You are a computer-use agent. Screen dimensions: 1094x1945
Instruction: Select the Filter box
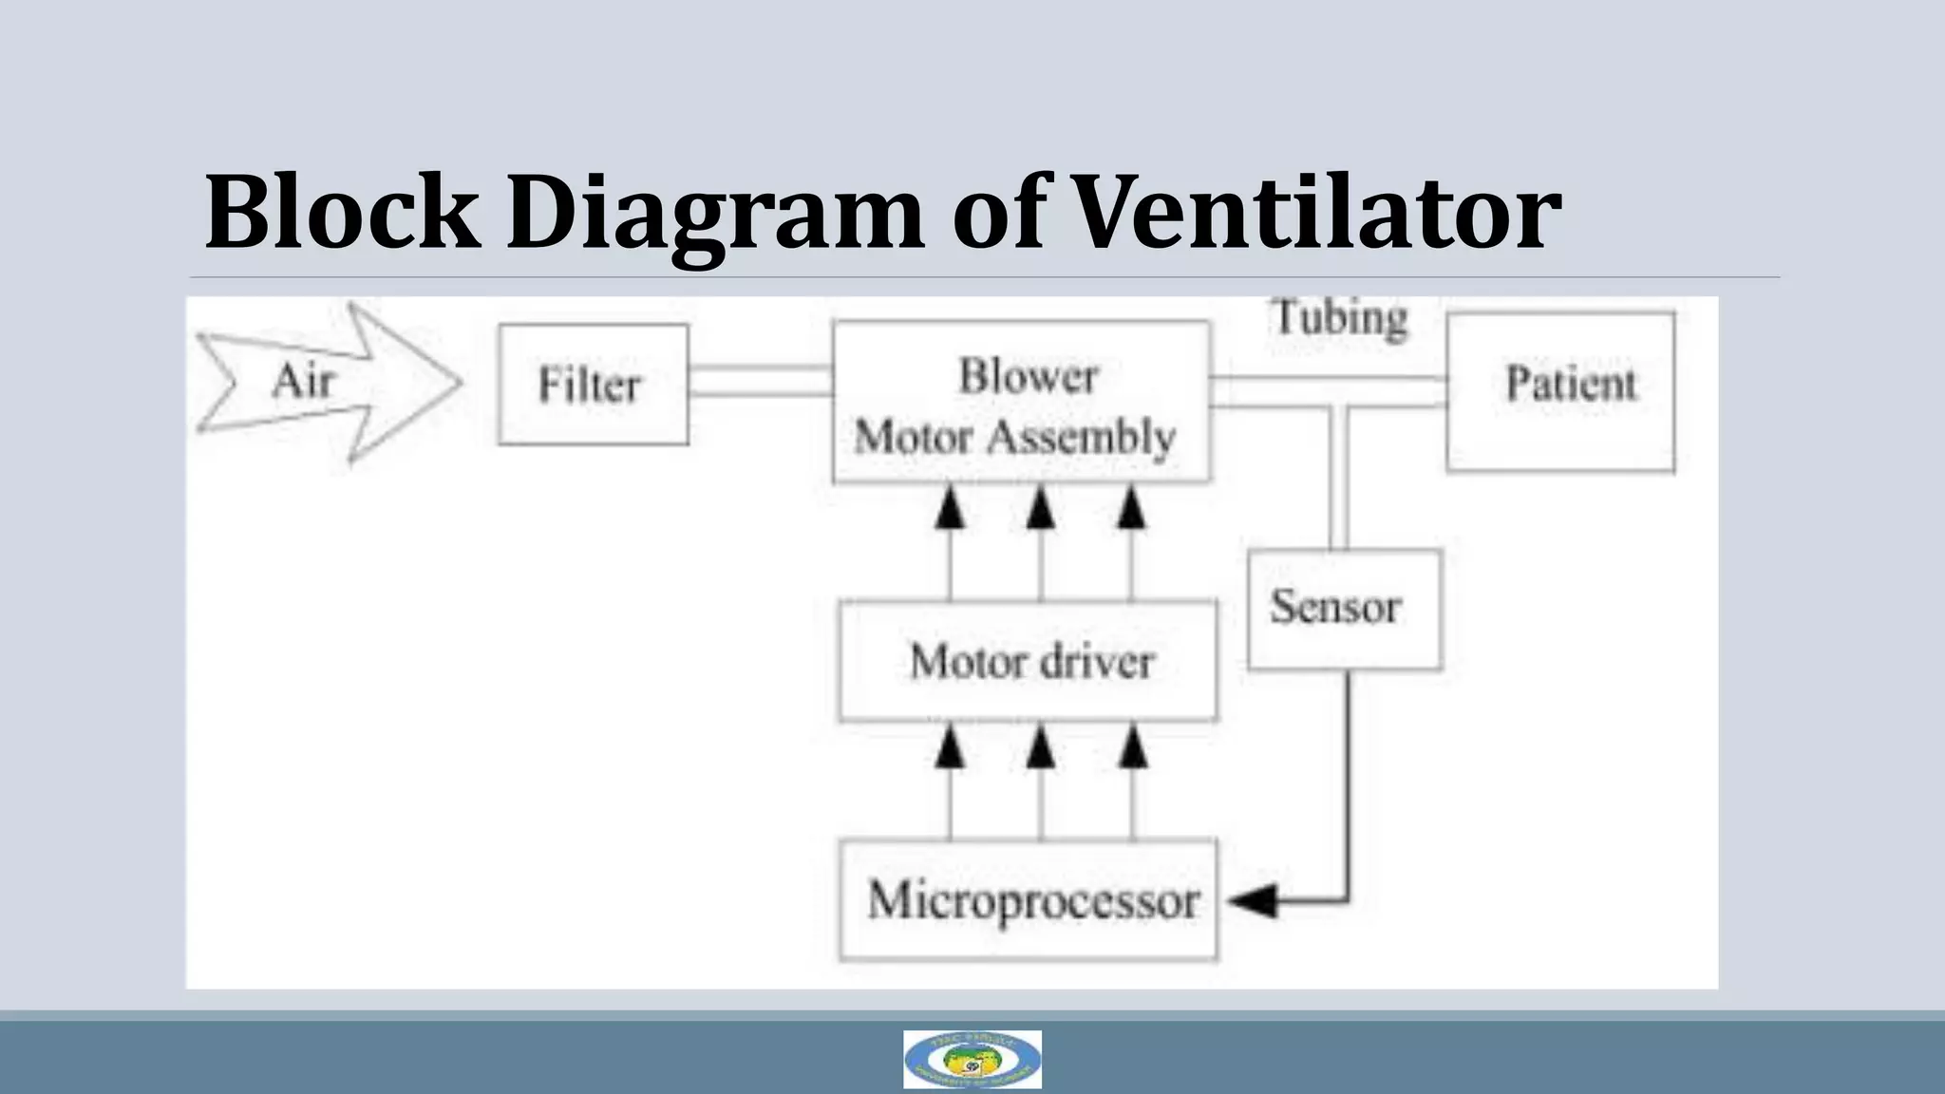(593, 385)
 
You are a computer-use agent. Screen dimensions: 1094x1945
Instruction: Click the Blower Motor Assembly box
(1021, 403)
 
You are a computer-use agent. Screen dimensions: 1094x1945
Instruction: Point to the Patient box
(1560, 391)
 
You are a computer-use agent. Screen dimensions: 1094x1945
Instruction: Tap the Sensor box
(1344, 609)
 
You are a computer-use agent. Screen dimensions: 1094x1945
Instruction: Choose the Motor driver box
(1028, 661)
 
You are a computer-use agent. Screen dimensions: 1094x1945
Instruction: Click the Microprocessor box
(1029, 899)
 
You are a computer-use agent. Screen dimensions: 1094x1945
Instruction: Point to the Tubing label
(1339, 317)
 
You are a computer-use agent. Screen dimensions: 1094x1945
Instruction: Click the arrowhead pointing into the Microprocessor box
(1252, 900)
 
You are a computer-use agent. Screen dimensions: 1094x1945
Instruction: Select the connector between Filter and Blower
(760, 381)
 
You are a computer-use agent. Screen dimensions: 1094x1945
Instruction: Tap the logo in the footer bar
(972, 1059)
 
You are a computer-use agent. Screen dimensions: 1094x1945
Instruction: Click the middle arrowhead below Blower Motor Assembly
(1041, 509)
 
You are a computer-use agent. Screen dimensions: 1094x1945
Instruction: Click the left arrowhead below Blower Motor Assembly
(950, 509)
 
